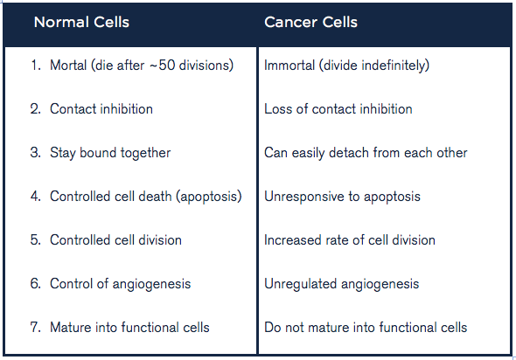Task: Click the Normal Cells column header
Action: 81,23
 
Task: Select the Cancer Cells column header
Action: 310,23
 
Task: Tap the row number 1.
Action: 36,65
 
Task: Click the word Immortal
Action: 289,65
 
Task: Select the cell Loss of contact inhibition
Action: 338,109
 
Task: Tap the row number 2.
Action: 36,109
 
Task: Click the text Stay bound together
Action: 110,153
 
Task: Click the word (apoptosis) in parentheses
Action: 209,197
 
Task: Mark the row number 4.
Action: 36,197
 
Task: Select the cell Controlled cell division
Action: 115,240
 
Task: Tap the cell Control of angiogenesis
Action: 120,284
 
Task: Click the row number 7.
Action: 36,328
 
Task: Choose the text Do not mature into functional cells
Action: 366,328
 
